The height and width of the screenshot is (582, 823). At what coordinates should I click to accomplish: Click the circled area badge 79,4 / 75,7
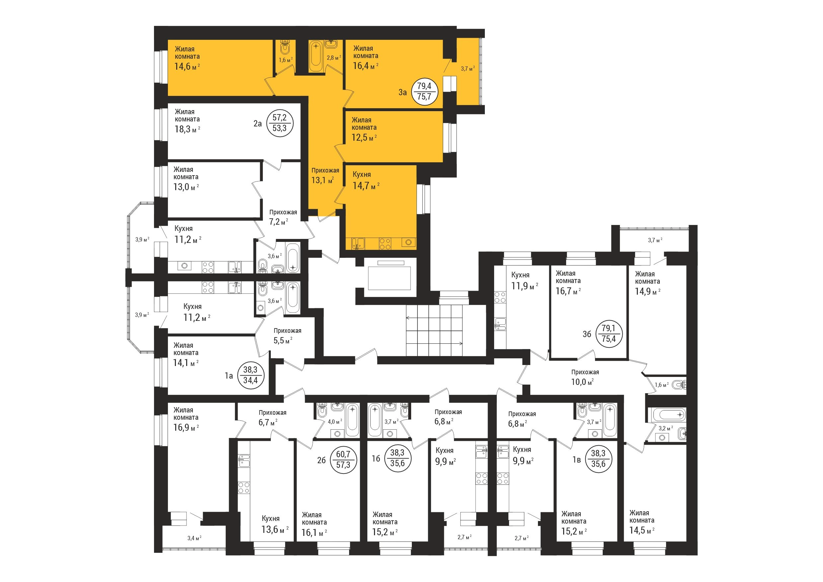(424, 92)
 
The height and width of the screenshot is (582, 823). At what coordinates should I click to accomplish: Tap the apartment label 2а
(258, 124)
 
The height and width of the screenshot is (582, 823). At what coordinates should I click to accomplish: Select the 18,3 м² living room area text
(187, 129)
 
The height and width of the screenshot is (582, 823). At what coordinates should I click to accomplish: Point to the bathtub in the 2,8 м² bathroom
(316, 56)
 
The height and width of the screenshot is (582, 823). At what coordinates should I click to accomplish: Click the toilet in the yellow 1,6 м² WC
(285, 48)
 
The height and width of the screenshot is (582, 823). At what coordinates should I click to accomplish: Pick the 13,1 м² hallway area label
(323, 180)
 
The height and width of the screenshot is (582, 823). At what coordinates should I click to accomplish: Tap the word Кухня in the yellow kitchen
(362, 175)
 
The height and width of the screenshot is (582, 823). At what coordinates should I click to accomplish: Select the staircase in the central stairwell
(434, 330)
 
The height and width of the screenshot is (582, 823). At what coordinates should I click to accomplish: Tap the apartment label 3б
(587, 334)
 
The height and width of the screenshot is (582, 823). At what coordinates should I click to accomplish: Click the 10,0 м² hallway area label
(582, 382)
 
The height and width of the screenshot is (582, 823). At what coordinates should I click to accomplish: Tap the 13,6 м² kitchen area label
(275, 530)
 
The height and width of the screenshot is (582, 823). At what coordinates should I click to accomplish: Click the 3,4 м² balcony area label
(194, 538)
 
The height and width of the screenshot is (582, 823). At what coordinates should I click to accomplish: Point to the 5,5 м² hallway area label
(283, 340)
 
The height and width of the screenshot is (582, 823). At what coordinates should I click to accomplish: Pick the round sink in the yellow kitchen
(409, 243)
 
